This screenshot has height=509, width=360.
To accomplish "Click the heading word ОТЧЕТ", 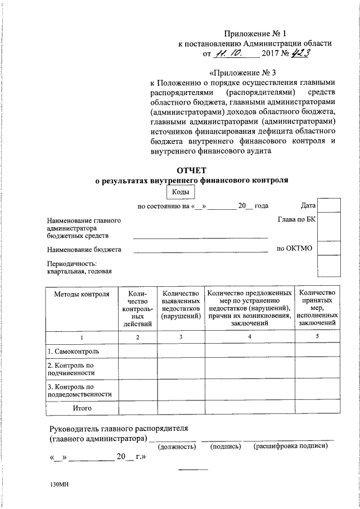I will [192, 170].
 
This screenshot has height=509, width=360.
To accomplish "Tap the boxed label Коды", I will [180, 192].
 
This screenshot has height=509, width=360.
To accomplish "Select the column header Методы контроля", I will [82, 294].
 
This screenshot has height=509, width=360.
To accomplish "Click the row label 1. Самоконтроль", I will [74, 352].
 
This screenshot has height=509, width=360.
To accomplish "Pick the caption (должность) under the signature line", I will [177, 447].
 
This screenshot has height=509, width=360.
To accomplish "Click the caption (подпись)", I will [226, 447].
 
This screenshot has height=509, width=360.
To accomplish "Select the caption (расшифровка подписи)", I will [290, 447].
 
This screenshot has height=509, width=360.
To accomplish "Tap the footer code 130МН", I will [58, 485].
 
